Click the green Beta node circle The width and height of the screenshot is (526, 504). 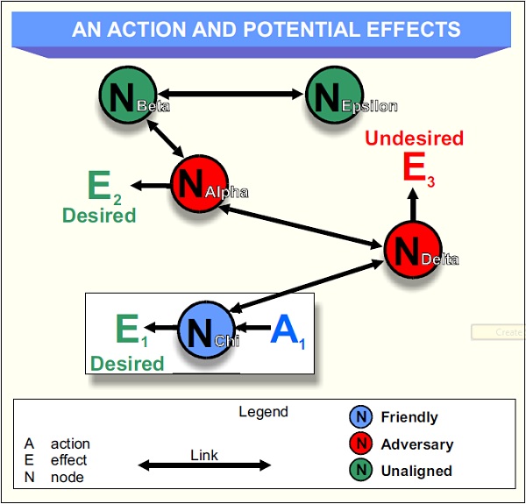[x=128, y=95]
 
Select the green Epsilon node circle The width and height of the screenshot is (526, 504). [x=333, y=95]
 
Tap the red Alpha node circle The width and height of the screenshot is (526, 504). [x=199, y=184]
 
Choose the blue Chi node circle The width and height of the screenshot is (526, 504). [x=206, y=330]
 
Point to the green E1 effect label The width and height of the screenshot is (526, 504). [x=129, y=330]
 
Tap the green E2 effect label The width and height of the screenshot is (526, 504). [x=103, y=187]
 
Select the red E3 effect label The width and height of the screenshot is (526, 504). [x=417, y=167]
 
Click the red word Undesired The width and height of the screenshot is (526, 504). [x=414, y=138]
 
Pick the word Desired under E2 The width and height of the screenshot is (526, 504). [x=99, y=215]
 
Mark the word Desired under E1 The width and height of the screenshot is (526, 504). [x=127, y=363]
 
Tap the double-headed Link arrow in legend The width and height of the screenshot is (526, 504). [x=204, y=465]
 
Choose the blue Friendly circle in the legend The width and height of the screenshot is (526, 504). [x=361, y=417]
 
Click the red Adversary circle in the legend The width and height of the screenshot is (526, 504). [x=361, y=444]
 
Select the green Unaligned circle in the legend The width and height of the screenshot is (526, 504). [x=361, y=470]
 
